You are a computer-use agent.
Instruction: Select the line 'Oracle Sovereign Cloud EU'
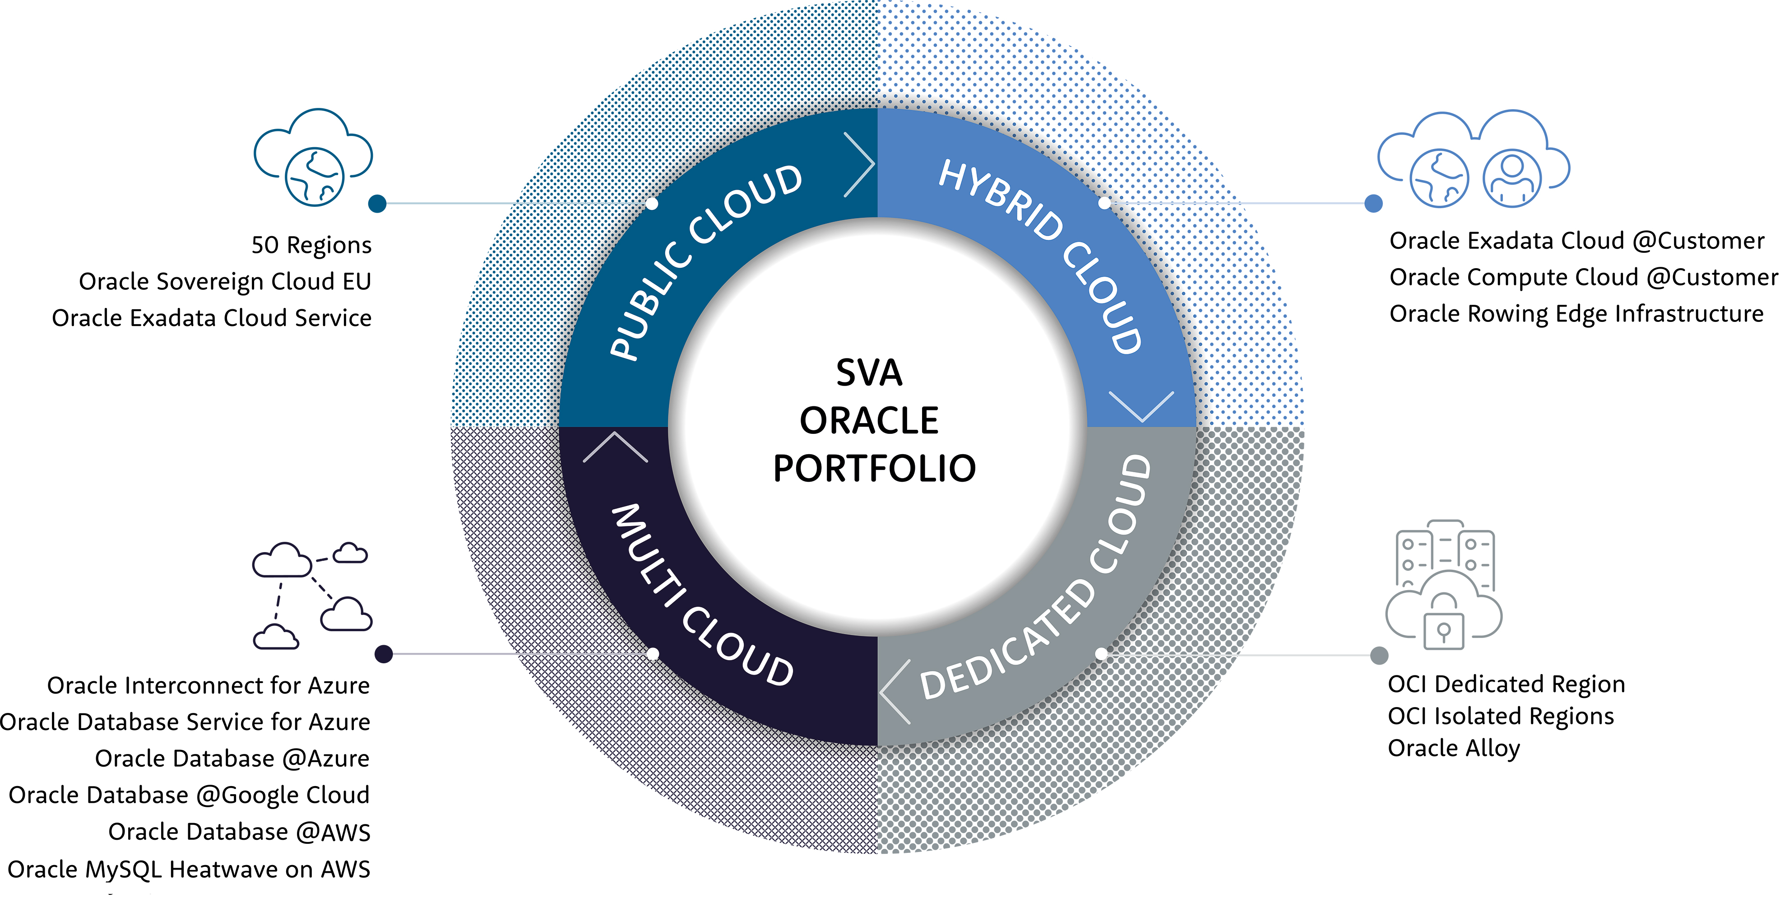225,281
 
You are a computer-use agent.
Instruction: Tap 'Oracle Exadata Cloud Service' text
212,318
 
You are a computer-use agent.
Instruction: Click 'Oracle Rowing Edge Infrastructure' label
1576,314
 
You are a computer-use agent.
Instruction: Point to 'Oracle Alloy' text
1454,748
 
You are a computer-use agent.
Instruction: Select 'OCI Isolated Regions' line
1500,717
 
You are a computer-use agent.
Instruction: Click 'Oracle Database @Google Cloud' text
189,795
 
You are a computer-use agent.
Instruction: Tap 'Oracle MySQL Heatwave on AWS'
189,869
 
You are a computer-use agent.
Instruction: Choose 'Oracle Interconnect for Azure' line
208,685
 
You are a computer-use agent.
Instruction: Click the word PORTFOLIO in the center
874,469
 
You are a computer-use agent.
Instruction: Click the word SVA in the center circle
869,373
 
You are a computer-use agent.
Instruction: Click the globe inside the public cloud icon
315,177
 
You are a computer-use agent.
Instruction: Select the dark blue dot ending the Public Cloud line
377,203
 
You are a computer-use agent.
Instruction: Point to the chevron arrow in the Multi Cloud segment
615,447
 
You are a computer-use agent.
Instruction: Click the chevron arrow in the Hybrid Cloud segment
1141,406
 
